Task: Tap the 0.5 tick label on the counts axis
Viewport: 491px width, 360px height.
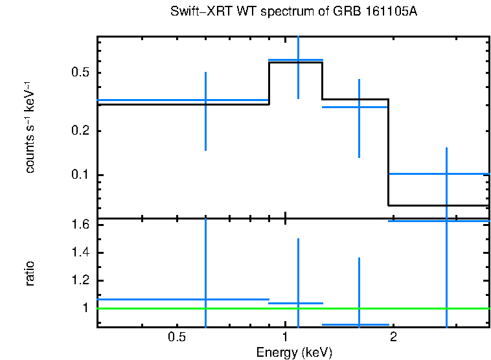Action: [80, 72]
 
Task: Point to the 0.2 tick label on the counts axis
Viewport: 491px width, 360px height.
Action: [80, 131]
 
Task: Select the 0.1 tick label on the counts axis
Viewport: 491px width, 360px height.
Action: [80, 175]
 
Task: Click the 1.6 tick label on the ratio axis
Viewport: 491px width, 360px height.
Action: [80, 225]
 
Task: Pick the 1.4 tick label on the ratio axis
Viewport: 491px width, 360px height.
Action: [80, 253]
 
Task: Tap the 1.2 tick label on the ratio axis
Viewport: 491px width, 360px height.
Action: [80, 280]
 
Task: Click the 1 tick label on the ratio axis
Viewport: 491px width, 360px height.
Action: [84, 308]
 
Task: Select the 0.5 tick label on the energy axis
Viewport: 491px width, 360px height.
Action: [177, 337]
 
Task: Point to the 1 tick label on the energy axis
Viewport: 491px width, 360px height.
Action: [285, 337]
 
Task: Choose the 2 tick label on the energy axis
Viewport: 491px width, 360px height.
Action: [393, 337]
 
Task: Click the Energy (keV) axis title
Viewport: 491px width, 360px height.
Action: [294, 352]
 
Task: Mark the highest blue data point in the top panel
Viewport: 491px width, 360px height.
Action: [298, 60]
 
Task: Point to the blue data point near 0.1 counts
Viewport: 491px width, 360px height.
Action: [446, 174]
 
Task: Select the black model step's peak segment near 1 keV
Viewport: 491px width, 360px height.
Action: [296, 63]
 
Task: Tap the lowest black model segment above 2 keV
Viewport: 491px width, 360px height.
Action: [439, 205]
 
